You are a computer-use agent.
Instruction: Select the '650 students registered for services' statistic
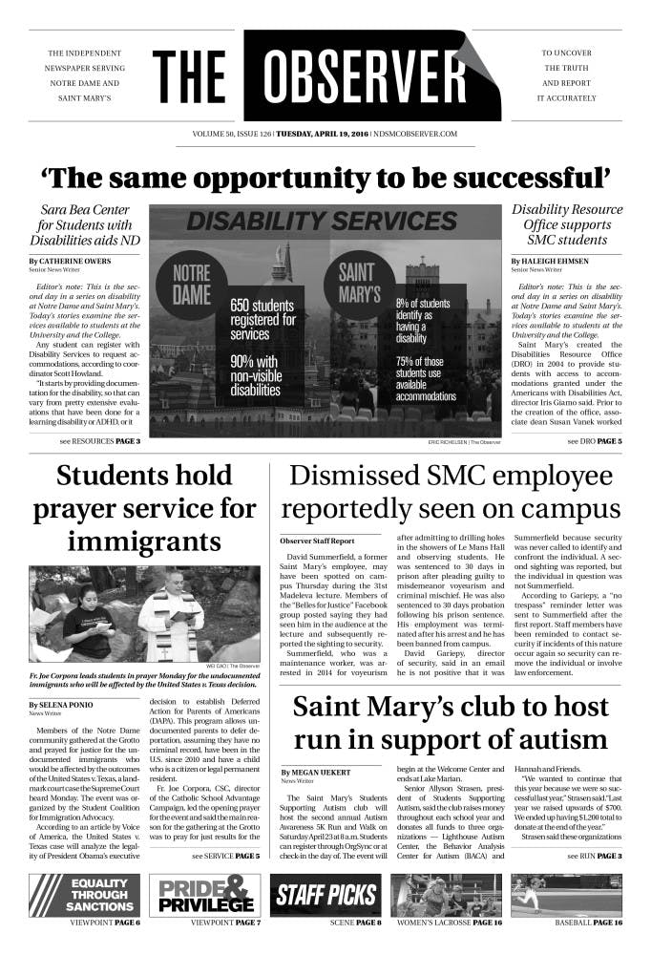tap(262, 321)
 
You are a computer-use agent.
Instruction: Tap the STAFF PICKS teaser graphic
tap(325, 895)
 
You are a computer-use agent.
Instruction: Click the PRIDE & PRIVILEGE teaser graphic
tap(205, 895)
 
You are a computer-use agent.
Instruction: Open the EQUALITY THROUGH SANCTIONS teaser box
tap(88, 895)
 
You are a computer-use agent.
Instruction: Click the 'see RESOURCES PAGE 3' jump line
tap(100, 441)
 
